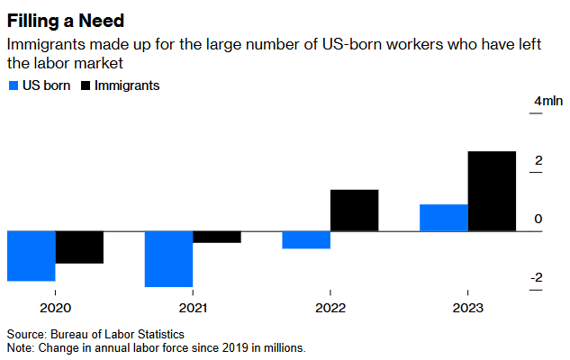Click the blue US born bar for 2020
(x=32, y=256)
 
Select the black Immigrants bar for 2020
(x=79, y=247)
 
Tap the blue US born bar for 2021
(x=169, y=259)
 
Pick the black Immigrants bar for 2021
(x=217, y=237)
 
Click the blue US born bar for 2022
(x=306, y=239)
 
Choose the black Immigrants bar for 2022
(x=354, y=211)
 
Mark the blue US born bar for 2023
(x=444, y=218)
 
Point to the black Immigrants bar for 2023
(x=493, y=191)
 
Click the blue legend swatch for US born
(x=13, y=85)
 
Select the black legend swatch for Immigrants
(x=86, y=85)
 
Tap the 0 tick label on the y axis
(x=538, y=219)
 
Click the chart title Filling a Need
(x=67, y=18)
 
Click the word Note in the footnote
(x=20, y=346)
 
